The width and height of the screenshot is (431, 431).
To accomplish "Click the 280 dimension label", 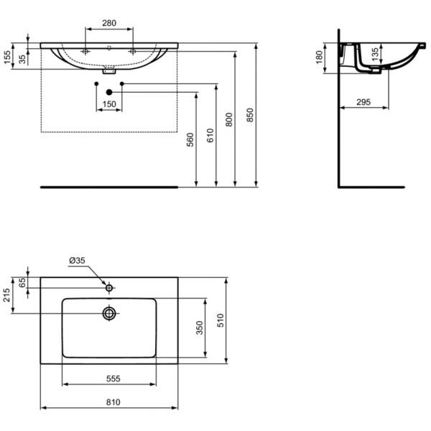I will pos(109,23).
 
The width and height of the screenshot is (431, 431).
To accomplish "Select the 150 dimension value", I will pos(109,105).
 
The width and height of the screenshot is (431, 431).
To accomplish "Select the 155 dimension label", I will pos(7,57).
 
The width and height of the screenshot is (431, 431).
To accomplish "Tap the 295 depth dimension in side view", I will pos(363,103).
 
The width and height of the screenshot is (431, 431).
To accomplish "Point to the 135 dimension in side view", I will pos(374,54).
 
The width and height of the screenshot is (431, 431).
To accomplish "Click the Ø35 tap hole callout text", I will pos(77,261).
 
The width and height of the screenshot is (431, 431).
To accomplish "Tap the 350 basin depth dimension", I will pos(201,328).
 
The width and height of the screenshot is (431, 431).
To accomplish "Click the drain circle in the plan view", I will pos(109,313).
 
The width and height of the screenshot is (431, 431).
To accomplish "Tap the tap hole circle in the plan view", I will pos(109,287).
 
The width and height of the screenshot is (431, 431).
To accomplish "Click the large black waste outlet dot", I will pos(109,92).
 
